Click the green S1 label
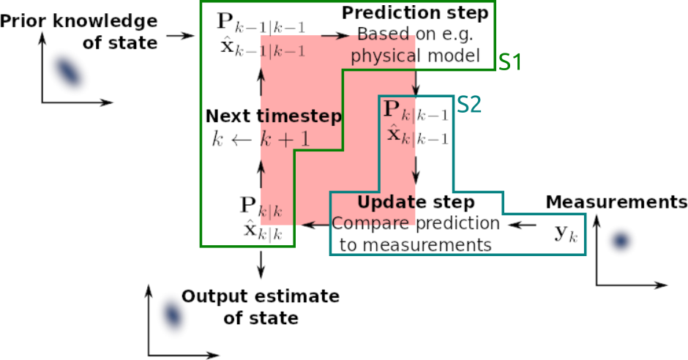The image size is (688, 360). [510, 63]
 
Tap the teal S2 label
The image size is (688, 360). [469, 105]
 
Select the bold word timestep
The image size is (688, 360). [300, 117]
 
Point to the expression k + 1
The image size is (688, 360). [285, 139]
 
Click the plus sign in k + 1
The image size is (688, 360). [285, 140]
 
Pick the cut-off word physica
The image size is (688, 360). [383, 56]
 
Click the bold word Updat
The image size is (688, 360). [386, 203]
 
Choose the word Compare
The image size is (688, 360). [370, 221]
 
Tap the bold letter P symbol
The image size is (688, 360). [392, 110]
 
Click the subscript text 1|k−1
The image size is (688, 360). [283, 51]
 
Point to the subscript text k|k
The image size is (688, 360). [272, 212]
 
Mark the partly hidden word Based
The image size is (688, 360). [383, 37]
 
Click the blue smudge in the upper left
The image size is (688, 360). [68, 71]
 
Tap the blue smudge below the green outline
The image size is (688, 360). [173, 314]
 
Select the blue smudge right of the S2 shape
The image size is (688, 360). [621, 240]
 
